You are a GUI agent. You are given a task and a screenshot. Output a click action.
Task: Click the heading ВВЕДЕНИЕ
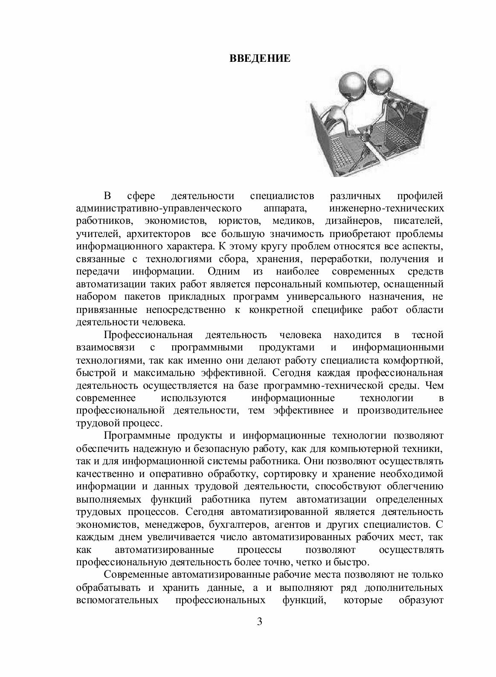(260, 58)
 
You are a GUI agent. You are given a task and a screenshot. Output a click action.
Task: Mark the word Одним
(224, 271)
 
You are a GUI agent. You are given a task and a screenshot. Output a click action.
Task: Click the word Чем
(434, 385)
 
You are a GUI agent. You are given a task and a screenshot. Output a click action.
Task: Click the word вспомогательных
(117, 600)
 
